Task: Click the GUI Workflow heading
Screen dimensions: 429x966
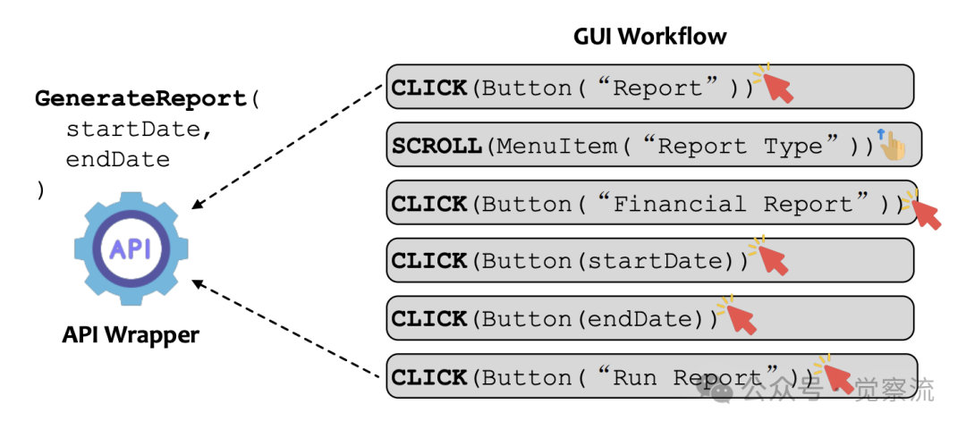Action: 649,37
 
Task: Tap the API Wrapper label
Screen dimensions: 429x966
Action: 131,335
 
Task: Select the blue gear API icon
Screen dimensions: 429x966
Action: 131,248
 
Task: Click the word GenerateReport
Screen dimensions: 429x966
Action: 141,98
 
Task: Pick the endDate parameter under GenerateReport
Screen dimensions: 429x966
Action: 117,159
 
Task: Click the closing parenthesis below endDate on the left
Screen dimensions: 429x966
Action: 40,189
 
